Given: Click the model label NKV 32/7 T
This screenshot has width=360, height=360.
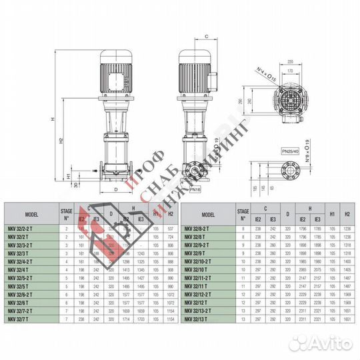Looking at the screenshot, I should coord(19,319).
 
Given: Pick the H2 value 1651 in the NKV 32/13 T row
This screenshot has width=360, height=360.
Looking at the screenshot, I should coord(347,319).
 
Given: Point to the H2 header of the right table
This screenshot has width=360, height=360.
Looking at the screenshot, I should coord(347,215).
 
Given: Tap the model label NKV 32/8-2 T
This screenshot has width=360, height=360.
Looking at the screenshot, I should coord(198,228).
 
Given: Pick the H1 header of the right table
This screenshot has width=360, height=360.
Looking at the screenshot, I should coord(331,215).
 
